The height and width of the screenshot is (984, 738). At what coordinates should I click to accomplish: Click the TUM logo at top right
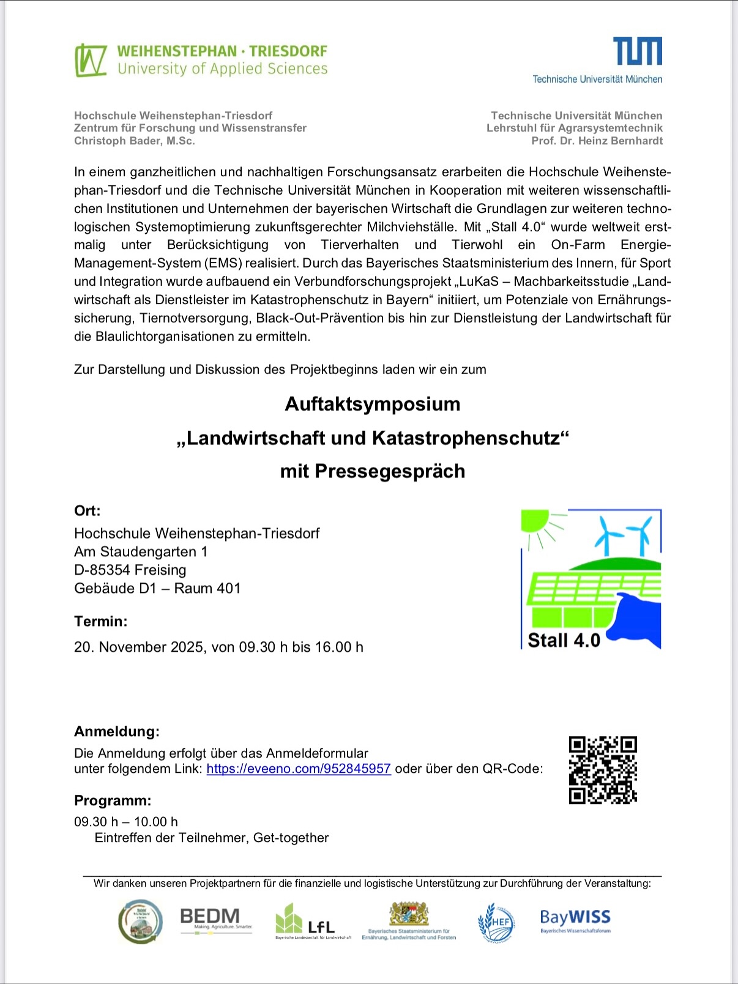(637, 51)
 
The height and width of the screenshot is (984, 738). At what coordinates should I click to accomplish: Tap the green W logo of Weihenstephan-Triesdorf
(91, 61)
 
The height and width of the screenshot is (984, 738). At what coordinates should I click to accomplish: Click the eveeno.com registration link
(299, 769)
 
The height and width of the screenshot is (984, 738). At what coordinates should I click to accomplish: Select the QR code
(603, 770)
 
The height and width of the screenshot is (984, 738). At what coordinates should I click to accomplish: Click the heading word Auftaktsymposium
(372, 404)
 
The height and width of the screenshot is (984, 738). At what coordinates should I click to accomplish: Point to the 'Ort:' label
(88, 510)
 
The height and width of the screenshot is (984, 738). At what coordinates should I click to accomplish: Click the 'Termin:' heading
(101, 621)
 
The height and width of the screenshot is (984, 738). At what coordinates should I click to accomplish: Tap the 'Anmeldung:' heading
(117, 731)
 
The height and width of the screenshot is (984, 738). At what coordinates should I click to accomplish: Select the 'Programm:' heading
(113, 800)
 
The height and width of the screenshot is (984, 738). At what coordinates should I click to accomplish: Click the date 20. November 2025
(139, 647)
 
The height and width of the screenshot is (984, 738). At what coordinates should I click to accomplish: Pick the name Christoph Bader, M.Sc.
(135, 141)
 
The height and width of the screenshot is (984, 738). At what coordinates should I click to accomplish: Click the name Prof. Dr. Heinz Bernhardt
(597, 141)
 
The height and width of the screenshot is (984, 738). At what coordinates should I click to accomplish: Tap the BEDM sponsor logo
(210, 918)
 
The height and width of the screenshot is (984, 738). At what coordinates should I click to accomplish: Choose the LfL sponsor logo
(313, 921)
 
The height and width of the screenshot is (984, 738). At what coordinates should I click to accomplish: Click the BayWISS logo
(575, 920)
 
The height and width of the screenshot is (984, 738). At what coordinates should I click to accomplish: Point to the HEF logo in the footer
(496, 922)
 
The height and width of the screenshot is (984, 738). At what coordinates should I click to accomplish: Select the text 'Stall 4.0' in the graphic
(564, 640)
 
